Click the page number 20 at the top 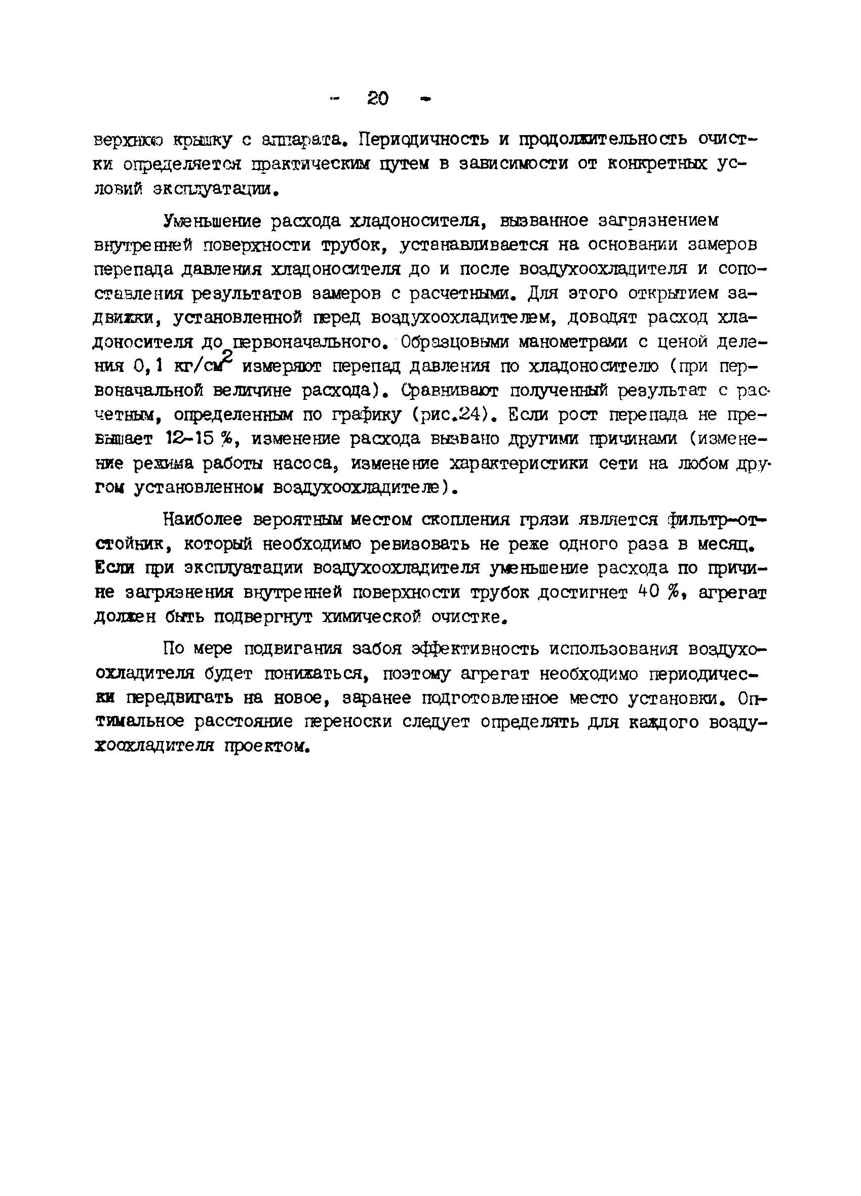(377, 98)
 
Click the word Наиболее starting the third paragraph (204, 520)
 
